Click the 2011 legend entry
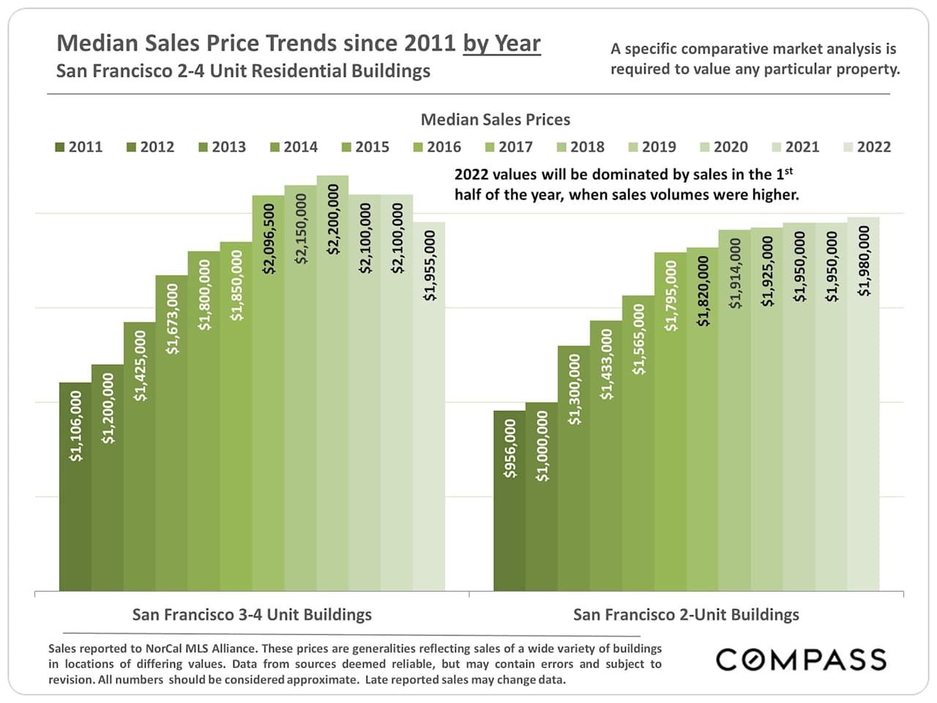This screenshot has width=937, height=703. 78,146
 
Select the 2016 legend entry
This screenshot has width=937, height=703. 437,146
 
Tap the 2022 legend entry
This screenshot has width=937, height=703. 867,146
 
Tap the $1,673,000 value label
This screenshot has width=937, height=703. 172,319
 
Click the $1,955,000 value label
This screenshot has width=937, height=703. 430,266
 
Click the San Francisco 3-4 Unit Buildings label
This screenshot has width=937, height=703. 252,614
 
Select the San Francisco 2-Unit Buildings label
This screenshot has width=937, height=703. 686,614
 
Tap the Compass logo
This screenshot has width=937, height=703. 801,659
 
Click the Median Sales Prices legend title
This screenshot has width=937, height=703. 495,119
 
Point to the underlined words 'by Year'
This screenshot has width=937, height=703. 501,43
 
